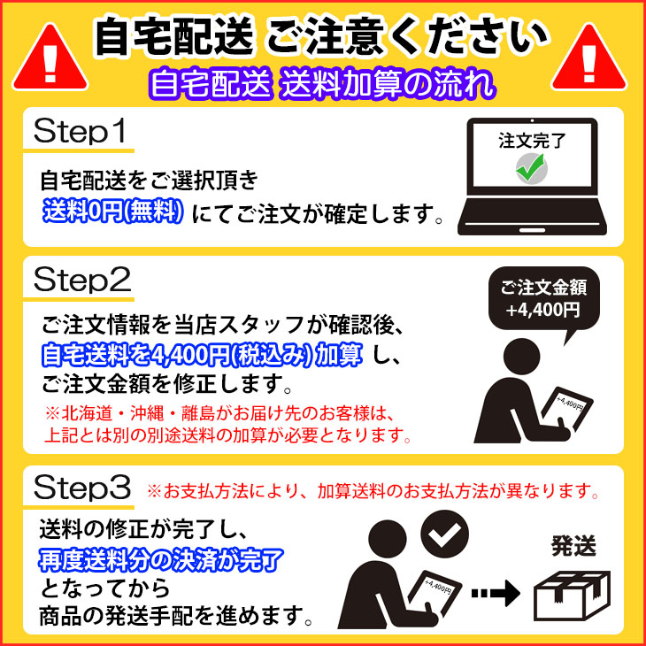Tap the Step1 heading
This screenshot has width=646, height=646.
[80, 132]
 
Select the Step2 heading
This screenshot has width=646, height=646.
[82, 281]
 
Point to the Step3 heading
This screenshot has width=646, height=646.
[82, 488]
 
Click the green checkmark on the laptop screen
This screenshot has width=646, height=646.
[532, 168]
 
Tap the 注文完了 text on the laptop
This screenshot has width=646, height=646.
[533, 141]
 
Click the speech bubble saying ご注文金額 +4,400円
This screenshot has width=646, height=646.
[543, 301]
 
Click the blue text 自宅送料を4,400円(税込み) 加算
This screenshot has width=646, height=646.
[202, 354]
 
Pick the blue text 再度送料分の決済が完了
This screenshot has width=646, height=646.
[161, 560]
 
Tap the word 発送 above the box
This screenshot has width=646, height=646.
[573, 547]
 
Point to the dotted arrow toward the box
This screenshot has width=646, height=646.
[496, 593]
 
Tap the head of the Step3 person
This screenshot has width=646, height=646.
[388, 539]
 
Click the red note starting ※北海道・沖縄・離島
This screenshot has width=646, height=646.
[227, 425]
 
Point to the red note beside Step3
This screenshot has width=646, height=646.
[373, 491]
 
